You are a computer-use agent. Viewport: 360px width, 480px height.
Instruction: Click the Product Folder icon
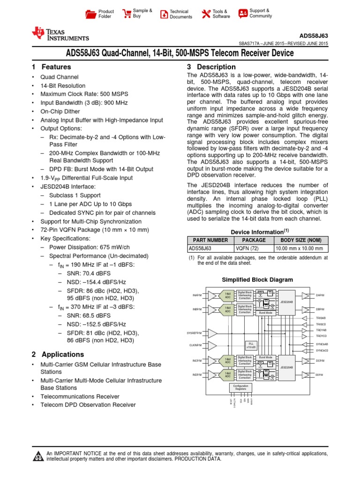pos(90,14)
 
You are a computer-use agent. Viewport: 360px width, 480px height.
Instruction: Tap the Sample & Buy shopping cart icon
pos(127,13)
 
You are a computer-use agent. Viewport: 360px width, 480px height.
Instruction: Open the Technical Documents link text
pos(180,14)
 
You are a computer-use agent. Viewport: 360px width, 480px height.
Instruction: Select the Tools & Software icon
pos(206,14)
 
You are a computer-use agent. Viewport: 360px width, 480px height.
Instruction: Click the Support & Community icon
pos(243,13)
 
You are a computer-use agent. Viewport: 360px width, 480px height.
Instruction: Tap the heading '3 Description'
pos(211,67)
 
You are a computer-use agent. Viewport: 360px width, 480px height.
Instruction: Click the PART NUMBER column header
pos(210,240)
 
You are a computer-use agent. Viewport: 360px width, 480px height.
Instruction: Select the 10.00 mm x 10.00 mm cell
pos(301,248)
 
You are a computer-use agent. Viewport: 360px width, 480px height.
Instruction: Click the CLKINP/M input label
pos(195,345)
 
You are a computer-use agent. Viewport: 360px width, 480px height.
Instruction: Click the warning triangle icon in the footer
pos(37,457)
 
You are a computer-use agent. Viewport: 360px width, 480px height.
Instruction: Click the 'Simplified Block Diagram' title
pos(257,280)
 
